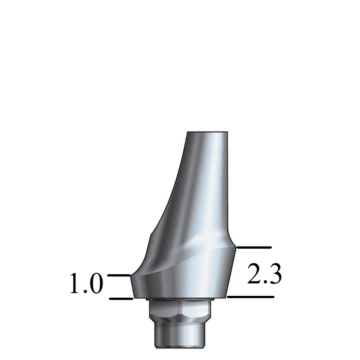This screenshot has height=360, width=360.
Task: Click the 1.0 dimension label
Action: coord(86,283)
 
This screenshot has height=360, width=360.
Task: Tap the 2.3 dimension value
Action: coord(264,274)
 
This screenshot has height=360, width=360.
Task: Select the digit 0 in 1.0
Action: coord(95,283)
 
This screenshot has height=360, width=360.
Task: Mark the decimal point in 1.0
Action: coord(84,292)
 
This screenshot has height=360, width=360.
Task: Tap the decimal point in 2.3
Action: coord(264,282)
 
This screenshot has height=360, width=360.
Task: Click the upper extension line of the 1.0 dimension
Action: coord(119,275)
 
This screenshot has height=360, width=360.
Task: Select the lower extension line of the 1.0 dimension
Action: coord(121,299)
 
